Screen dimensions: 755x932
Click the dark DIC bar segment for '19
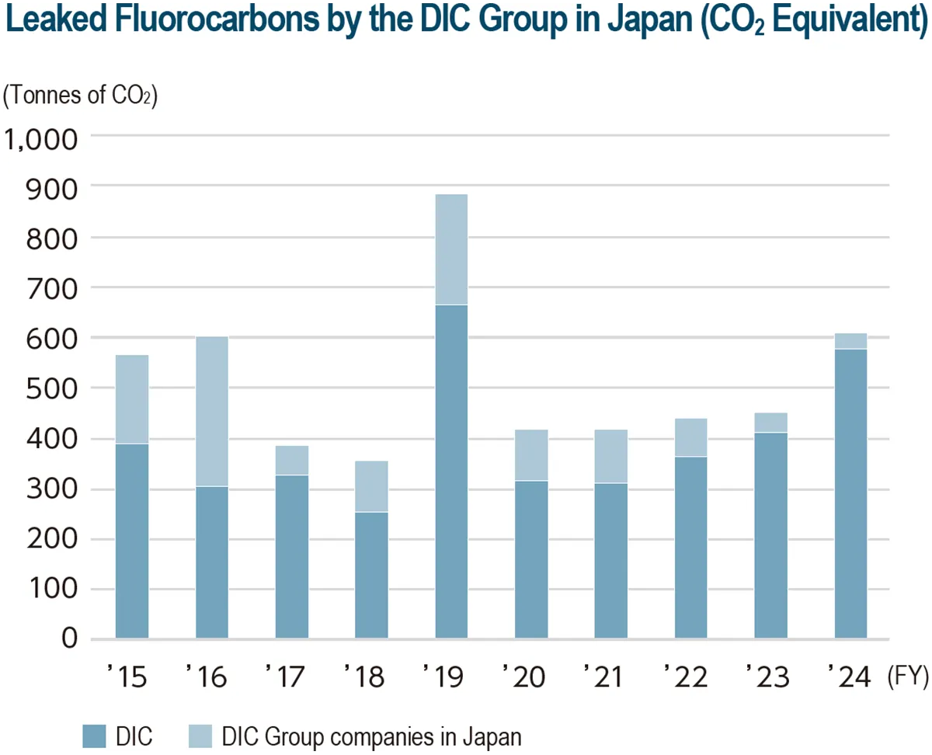(x=451, y=471)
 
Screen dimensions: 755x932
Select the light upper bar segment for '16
(x=212, y=411)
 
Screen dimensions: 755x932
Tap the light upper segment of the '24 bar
(x=850, y=341)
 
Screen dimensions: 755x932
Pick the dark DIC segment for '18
(x=371, y=575)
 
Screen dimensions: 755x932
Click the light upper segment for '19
(x=451, y=249)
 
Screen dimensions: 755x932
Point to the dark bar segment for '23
(x=770, y=535)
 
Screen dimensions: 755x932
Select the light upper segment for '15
(x=132, y=399)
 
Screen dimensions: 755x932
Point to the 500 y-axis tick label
(x=51, y=388)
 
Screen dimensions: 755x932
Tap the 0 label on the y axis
(x=70, y=638)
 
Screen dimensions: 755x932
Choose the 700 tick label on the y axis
(x=51, y=287)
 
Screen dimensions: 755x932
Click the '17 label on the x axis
(x=287, y=677)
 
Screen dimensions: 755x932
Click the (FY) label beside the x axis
(x=906, y=677)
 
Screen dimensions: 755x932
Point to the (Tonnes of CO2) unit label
(x=81, y=96)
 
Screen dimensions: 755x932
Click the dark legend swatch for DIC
(x=94, y=736)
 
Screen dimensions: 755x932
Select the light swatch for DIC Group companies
(x=200, y=736)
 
